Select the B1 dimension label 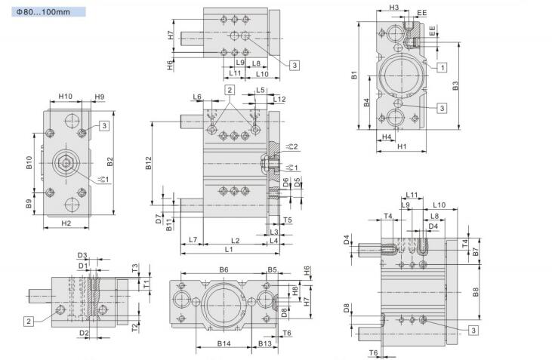tap(353, 75)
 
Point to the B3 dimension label tap(455, 86)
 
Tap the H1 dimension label tap(402, 146)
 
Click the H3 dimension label tap(394, 8)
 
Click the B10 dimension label tap(29, 163)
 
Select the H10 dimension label tap(65, 97)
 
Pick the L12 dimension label tap(279, 99)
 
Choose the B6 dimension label tap(224, 269)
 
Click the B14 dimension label tap(224, 343)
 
